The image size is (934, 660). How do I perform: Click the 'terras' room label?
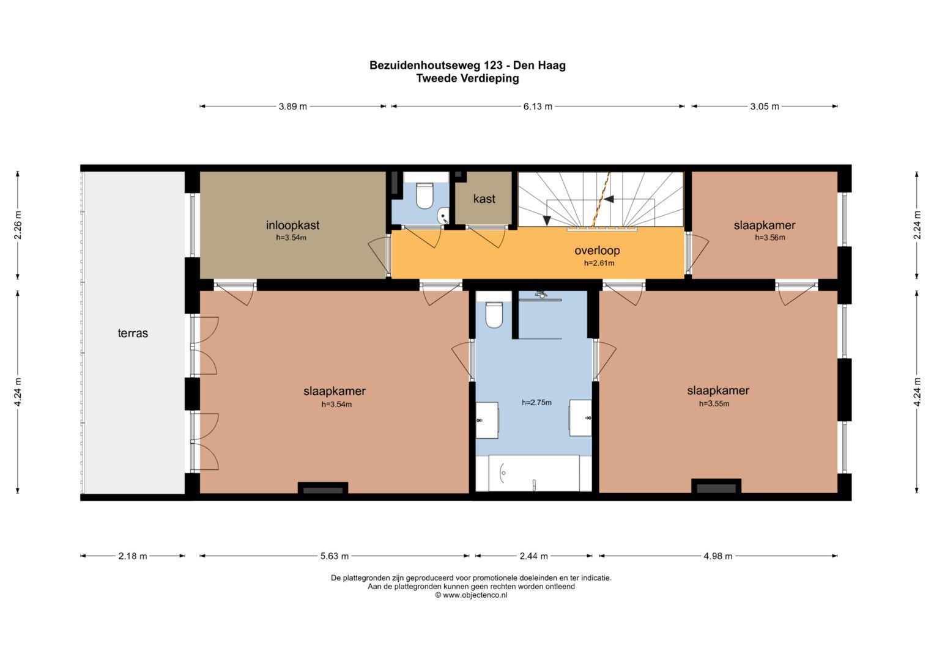pos(133,333)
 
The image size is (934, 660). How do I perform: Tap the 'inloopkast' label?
pos(293,226)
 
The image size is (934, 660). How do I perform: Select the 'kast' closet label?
pos(484,199)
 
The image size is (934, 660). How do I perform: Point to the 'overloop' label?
pos(597,251)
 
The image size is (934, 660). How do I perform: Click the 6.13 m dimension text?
pos(538,106)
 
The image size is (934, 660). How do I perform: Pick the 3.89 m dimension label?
pos(293,106)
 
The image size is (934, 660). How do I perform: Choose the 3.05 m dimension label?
pos(765,106)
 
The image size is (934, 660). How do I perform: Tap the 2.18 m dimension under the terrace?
pos(133,556)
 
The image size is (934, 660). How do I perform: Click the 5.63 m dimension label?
pos(335,556)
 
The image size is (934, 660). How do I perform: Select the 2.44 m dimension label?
pos(534,556)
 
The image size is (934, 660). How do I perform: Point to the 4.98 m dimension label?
pos(718,556)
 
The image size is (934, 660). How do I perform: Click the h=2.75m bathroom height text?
pos(536,403)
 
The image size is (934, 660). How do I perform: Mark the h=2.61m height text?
pos(599,263)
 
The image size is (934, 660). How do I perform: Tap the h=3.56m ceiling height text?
pos(769,238)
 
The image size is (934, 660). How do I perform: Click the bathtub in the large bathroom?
pos(534,474)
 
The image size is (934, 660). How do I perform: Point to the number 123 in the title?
pos(492,65)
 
